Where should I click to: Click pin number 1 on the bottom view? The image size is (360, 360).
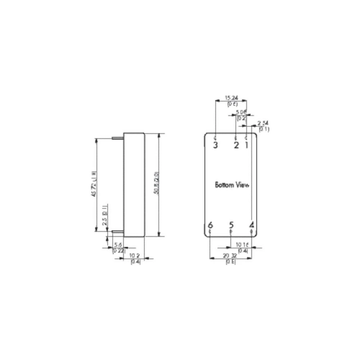point(247,145)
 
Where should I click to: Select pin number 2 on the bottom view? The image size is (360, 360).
point(236,145)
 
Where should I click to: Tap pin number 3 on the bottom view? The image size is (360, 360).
point(215,145)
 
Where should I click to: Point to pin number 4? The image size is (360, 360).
point(251,225)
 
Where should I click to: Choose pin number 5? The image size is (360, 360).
point(231,225)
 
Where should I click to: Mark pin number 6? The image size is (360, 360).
point(210,225)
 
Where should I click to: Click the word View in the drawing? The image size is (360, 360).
point(242,185)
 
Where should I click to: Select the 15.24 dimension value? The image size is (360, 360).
point(231,98)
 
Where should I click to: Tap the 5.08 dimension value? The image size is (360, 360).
point(241,112)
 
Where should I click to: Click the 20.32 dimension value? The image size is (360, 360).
point(231,256)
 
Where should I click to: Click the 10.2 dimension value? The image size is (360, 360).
point(135,256)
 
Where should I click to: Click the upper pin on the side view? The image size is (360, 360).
point(117,138)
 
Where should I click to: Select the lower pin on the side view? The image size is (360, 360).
point(117,231)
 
